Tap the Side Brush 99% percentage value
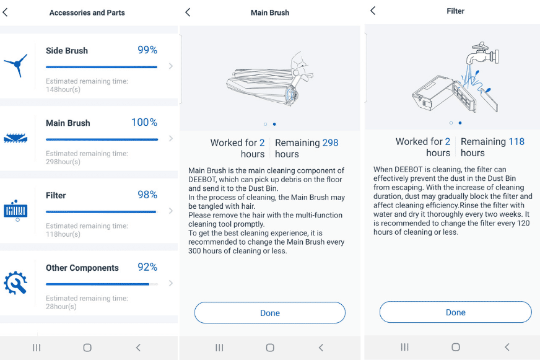(x=147, y=50)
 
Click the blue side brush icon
(x=15, y=64)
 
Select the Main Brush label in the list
(x=67, y=123)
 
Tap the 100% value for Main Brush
(x=144, y=123)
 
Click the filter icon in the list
(x=15, y=210)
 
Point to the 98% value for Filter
(x=147, y=195)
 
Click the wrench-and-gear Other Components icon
(x=15, y=283)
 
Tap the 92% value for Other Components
(x=147, y=267)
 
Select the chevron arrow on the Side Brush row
(x=171, y=66)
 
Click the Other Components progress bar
(x=101, y=284)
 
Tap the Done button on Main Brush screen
(x=269, y=313)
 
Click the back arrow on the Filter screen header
(x=373, y=11)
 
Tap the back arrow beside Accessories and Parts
(x=6, y=12)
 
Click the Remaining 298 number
(x=330, y=143)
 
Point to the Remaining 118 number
(x=516, y=141)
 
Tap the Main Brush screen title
(x=269, y=12)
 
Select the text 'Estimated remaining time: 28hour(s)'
(x=87, y=302)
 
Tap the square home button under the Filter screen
(x=455, y=348)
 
